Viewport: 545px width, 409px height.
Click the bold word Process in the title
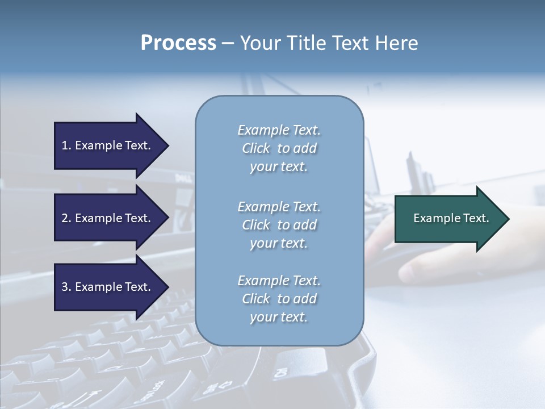point(178,43)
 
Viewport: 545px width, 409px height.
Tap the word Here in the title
point(396,43)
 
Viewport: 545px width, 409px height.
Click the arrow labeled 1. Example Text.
point(108,145)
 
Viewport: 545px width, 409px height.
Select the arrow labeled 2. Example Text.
point(108,218)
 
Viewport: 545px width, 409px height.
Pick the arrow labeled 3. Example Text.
point(108,287)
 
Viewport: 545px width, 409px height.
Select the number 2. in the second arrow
point(66,218)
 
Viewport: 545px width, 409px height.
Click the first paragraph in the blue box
point(279,148)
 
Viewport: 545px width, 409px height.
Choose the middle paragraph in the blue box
point(279,225)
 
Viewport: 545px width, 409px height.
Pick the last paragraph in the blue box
point(279,299)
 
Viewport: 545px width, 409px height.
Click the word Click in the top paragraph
point(256,148)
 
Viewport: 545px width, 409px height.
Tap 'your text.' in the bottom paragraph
point(278,317)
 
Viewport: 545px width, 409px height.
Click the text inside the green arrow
point(451,218)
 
